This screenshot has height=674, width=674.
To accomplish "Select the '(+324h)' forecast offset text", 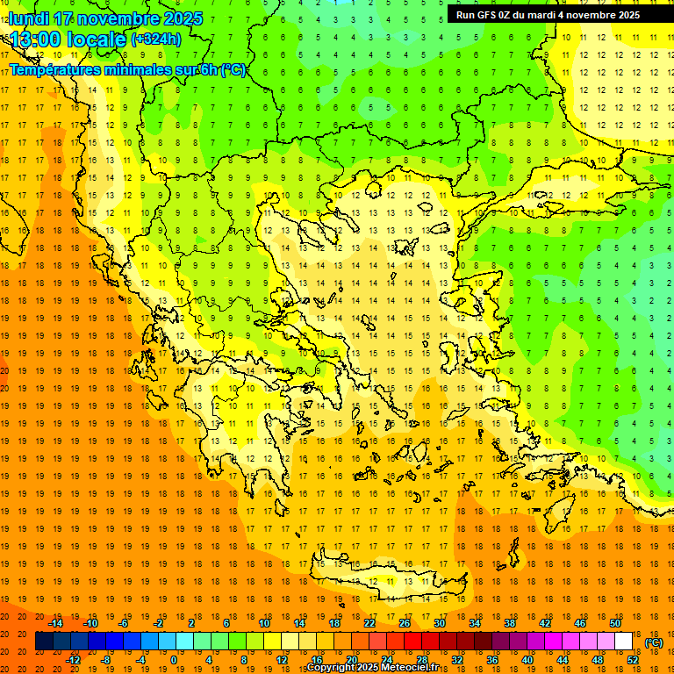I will point(156,39).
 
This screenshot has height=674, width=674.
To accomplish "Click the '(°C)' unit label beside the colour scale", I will point(654,642).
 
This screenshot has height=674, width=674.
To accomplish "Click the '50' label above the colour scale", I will point(615,623).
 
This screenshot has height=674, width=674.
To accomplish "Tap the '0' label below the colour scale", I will point(173,660).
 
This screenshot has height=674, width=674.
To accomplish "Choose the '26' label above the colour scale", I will point(405,623).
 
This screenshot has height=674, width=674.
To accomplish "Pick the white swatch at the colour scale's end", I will point(624,642).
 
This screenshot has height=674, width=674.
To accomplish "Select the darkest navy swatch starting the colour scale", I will point(44,642).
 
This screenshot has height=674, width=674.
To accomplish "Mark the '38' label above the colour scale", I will point(510,623).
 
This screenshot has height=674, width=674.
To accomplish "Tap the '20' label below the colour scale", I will point(351,660).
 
